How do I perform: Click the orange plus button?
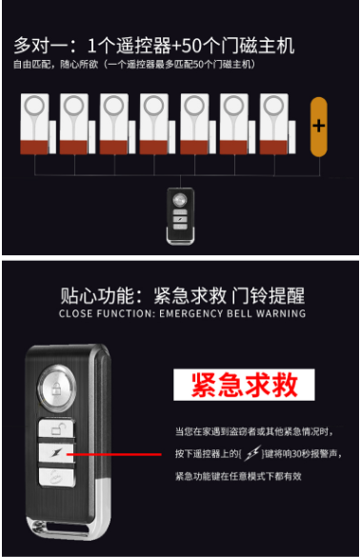point(318,127)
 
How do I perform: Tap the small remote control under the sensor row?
point(181,216)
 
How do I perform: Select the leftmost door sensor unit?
point(38,124)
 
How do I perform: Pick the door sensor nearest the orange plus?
point(277,124)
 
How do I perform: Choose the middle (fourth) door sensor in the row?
point(157,124)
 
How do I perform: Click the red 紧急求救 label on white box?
point(244,385)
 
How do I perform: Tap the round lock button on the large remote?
point(57,388)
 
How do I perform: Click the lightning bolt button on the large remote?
point(56,453)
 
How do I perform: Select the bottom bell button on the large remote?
point(57,477)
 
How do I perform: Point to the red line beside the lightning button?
point(113,454)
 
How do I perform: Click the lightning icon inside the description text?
point(252,453)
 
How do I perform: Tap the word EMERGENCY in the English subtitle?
point(190,313)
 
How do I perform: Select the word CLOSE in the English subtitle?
point(75,313)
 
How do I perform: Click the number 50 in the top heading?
point(192,46)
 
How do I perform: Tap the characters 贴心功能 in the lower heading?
point(97,295)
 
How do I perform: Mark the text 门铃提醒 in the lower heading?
point(269,295)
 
